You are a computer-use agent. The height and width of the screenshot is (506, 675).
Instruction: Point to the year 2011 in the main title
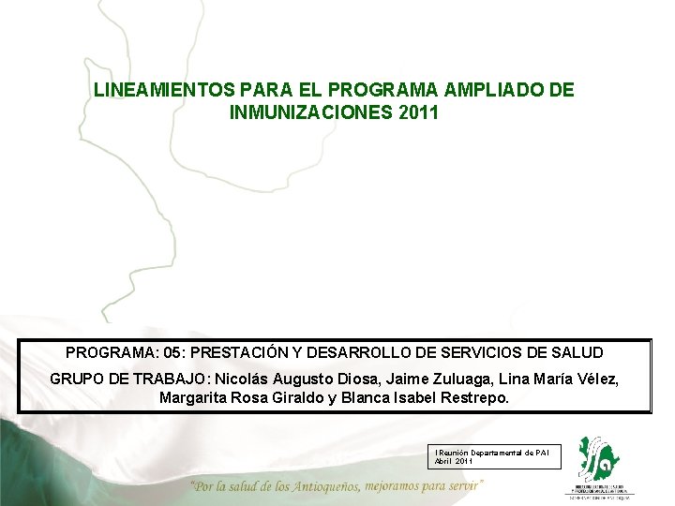[x=415, y=112]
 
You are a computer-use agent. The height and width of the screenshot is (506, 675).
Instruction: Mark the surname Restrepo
[x=474, y=398]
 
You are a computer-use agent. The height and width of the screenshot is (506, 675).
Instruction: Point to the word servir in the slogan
[x=462, y=486]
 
